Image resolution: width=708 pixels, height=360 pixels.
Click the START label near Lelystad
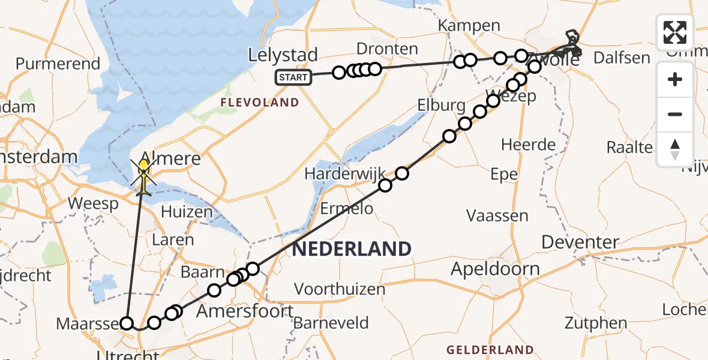click(x=293, y=77)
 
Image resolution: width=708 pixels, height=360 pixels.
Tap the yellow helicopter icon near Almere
click(x=144, y=175)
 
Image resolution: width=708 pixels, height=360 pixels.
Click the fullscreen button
click(x=675, y=32)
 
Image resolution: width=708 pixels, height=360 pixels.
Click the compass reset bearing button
click(x=675, y=149)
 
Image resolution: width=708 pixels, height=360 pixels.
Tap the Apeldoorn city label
click(x=495, y=268)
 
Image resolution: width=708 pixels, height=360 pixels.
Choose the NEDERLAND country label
click(x=352, y=248)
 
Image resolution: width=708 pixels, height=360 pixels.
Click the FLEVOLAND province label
click(x=259, y=103)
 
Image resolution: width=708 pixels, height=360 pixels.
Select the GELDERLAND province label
click(x=490, y=349)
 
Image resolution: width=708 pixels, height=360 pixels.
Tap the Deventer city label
click(x=580, y=242)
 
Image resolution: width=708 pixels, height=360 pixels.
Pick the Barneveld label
click(x=331, y=323)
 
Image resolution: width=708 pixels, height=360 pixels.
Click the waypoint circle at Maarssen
click(x=127, y=323)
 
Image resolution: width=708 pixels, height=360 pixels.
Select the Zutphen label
click(x=595, y=323)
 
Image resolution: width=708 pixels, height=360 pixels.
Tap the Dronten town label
click(x=387, y=49)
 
